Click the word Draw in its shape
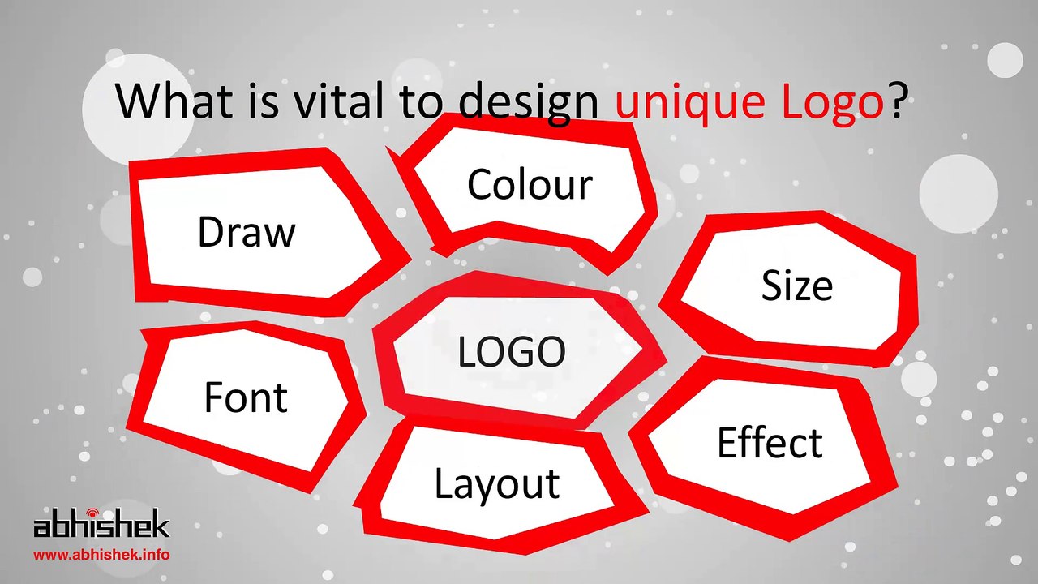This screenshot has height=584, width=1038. coord(247,233)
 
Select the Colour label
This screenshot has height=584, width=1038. coord(530,185)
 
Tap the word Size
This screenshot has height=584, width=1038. coord(796,286)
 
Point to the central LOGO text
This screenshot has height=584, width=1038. coord(511,352)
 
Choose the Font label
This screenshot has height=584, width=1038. coord(245,397)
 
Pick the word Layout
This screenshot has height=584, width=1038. coord(496,483)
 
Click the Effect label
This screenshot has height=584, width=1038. coord(769,443)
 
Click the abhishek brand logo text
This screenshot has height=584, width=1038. coord(101,526)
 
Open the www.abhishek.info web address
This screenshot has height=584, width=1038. coord(101,556)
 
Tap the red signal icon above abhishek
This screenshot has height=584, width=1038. coord(91,513)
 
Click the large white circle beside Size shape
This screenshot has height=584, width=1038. coord(958,193)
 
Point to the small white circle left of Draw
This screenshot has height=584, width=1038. coord(32,277)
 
